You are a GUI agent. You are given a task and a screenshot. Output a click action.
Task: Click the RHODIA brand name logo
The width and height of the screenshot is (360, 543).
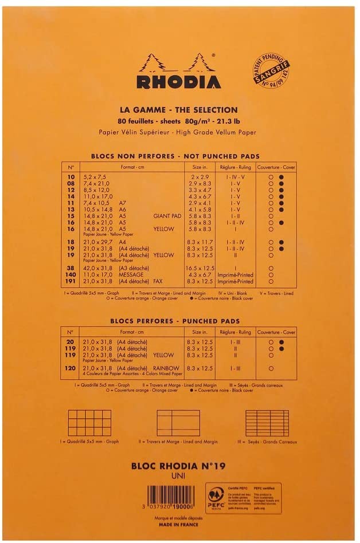[x=179, y=80]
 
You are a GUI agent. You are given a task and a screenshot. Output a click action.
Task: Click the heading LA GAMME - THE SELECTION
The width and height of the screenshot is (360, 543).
[x=178, y=110]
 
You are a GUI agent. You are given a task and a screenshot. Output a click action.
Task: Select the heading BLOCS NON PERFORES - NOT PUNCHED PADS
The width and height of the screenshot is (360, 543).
[x=175, y=156]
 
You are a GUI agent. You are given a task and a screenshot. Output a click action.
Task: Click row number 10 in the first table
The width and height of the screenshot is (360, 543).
[x=71, y=178]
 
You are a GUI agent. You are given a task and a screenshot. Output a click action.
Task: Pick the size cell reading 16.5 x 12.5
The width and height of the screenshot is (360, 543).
[x=201, y=267]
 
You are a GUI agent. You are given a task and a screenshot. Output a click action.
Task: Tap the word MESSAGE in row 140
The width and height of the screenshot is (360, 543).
[x=133, y=275]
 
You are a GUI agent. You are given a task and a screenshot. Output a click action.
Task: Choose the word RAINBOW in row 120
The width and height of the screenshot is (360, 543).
[x=165, y=368]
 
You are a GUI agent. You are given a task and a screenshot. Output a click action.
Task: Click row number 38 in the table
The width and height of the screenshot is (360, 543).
[x=71, y=267]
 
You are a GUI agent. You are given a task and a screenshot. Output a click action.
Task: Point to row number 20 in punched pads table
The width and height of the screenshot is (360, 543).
[x=71, y=342]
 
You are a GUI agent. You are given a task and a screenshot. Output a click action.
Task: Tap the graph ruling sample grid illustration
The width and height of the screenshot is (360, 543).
[x=89, y=423]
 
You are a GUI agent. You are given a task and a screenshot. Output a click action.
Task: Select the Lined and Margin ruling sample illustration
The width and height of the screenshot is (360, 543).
[x=178, y=423]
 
